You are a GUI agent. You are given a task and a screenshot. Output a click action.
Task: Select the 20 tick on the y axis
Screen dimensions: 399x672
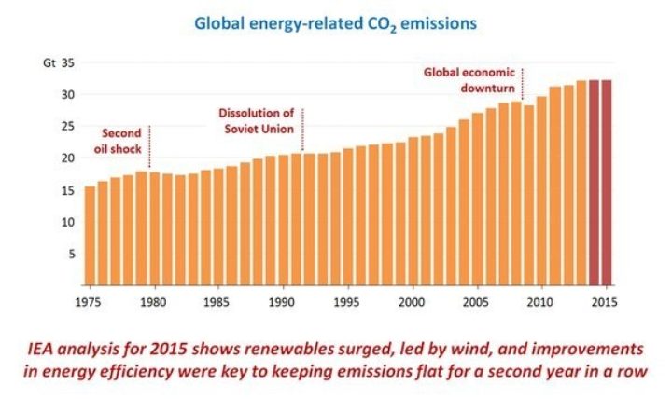point(67,158)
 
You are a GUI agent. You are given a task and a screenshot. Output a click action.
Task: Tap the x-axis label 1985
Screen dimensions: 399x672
point(218,301)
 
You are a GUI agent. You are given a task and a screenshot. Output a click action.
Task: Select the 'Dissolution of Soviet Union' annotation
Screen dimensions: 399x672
point(254,120)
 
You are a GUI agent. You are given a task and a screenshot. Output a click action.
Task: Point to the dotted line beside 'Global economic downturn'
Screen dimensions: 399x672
point(523,84)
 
